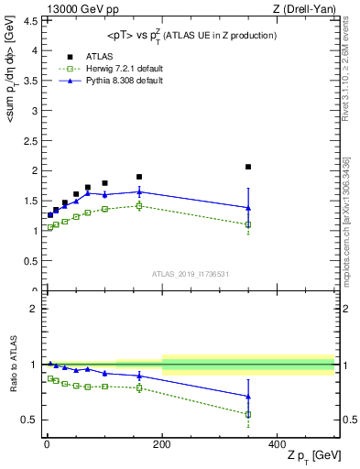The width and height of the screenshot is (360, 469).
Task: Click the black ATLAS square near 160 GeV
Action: click(139, 177)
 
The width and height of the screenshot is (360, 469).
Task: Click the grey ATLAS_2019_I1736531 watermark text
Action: click(191, 273)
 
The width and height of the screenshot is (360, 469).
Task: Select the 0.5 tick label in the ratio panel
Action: click(27, 420)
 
